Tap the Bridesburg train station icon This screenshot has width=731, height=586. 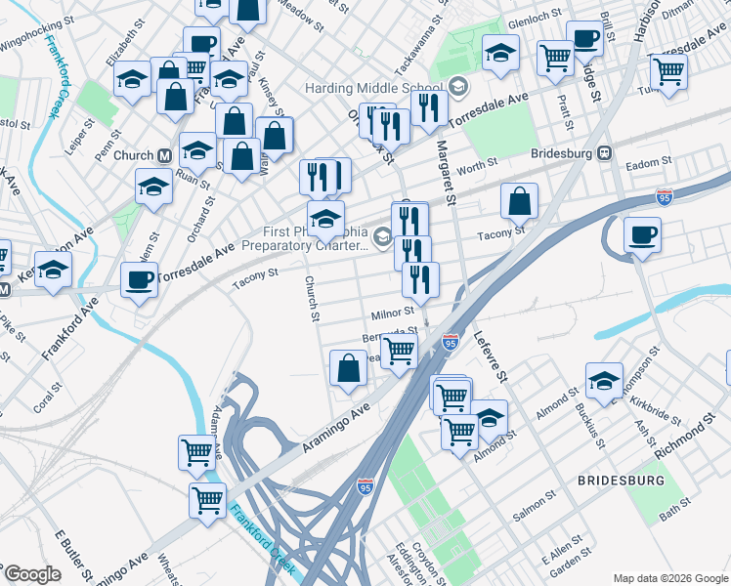pyautogui.click(x=605, y=153)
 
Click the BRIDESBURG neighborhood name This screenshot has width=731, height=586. pyautogui.click(x=621, y=481)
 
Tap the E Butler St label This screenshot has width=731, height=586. pyautogui.click(x=74, y=556)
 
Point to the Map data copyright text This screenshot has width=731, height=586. pyautogui.click(x=669, y=577)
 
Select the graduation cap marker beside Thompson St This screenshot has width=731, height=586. pyautogui.click(x=604, y=381)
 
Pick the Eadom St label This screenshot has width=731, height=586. pyautogui.click(x=649, y=162)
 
